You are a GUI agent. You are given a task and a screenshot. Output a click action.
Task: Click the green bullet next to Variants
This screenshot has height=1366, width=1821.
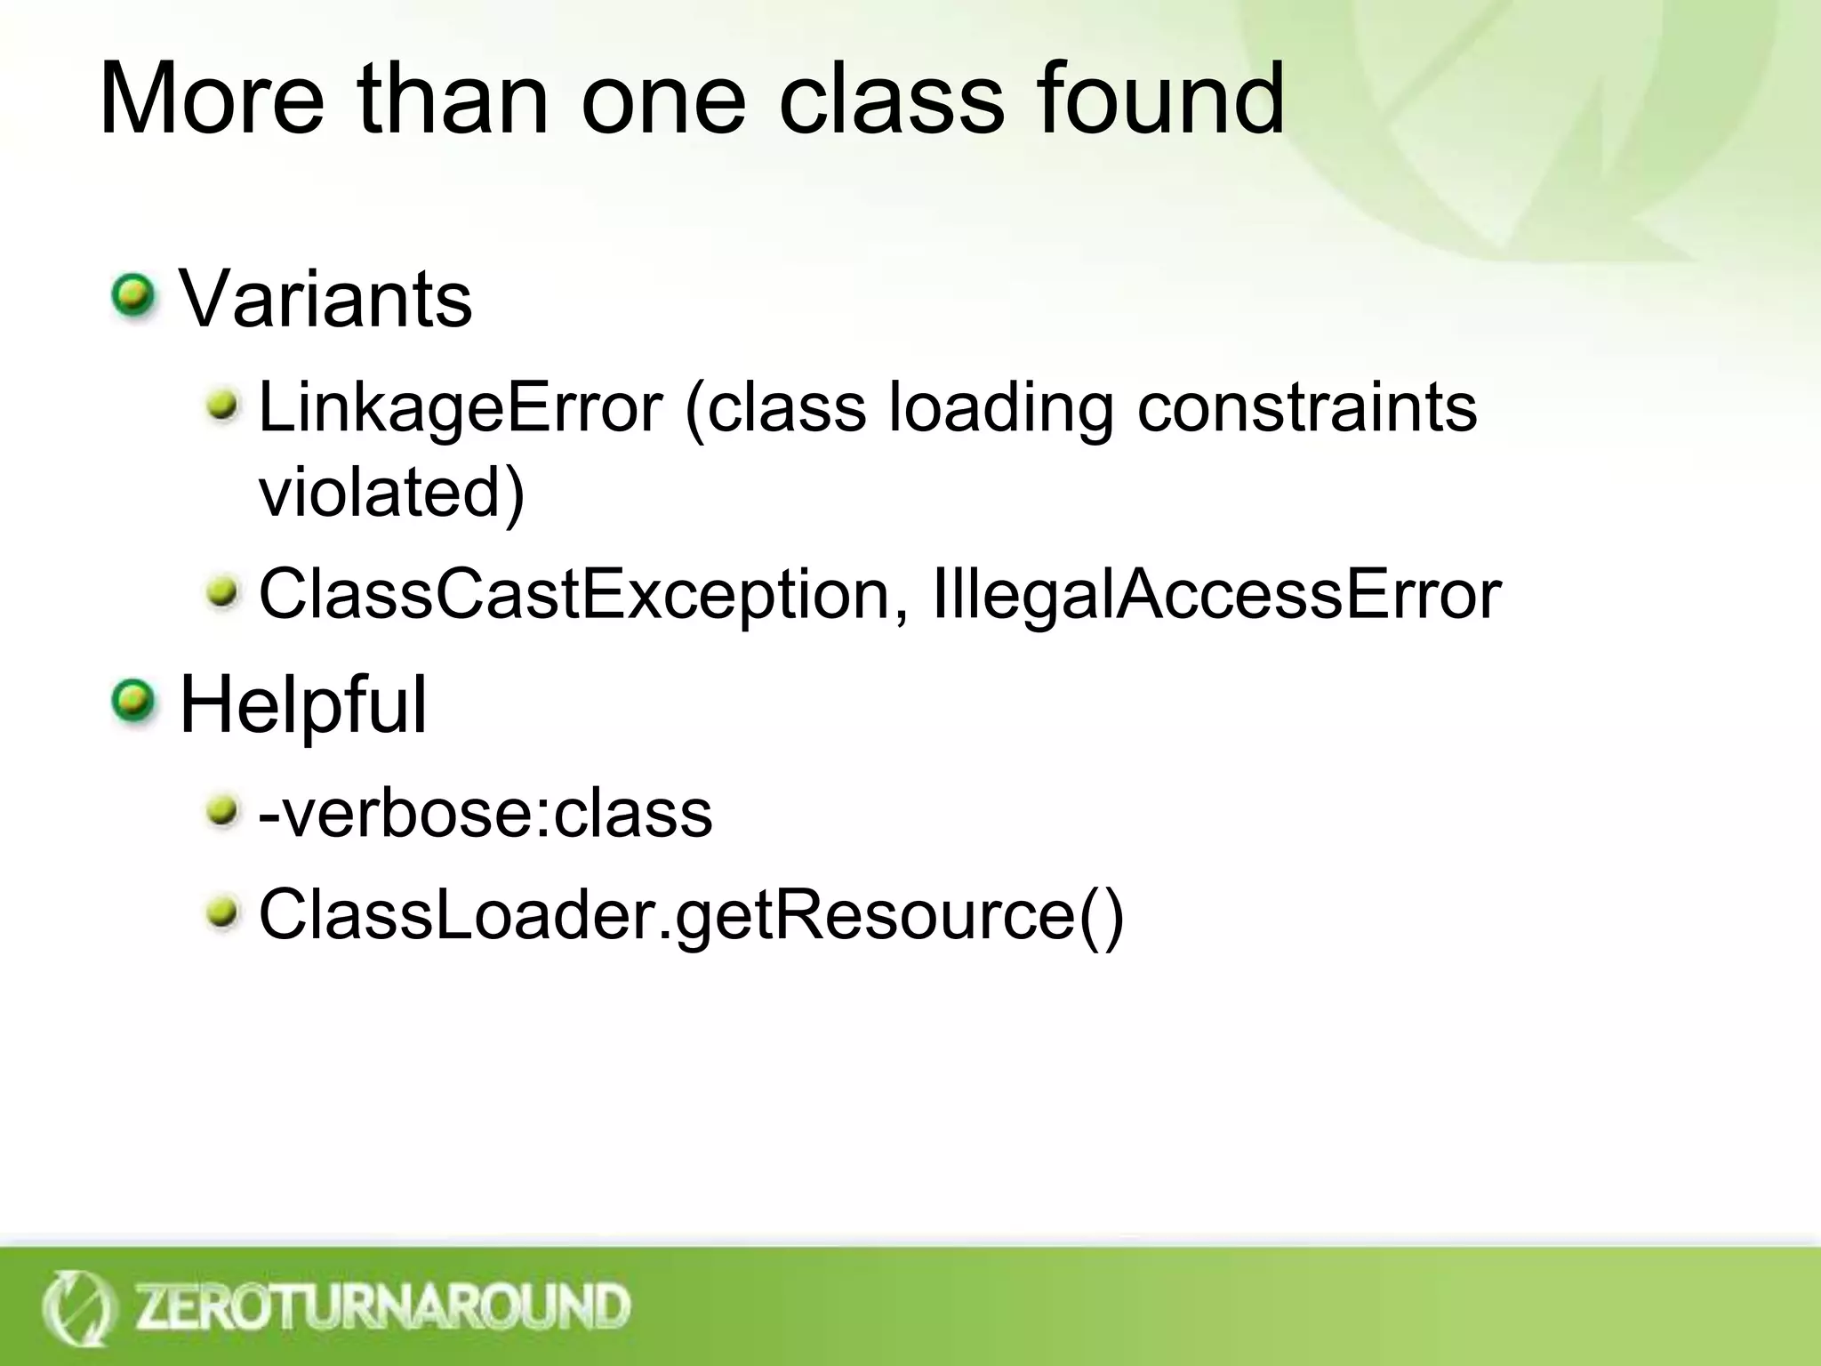133,296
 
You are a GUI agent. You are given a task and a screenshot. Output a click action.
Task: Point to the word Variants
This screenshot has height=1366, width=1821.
325,299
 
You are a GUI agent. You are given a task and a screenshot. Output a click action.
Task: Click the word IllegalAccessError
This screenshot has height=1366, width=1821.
1216,594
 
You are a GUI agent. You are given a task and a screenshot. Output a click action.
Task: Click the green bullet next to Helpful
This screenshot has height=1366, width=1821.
133,701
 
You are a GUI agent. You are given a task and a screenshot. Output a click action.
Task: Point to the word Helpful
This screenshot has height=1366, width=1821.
303,704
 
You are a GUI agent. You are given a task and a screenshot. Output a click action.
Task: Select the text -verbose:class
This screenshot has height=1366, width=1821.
485,812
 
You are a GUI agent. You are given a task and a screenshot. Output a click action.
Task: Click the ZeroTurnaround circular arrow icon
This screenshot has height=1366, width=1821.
78,1307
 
